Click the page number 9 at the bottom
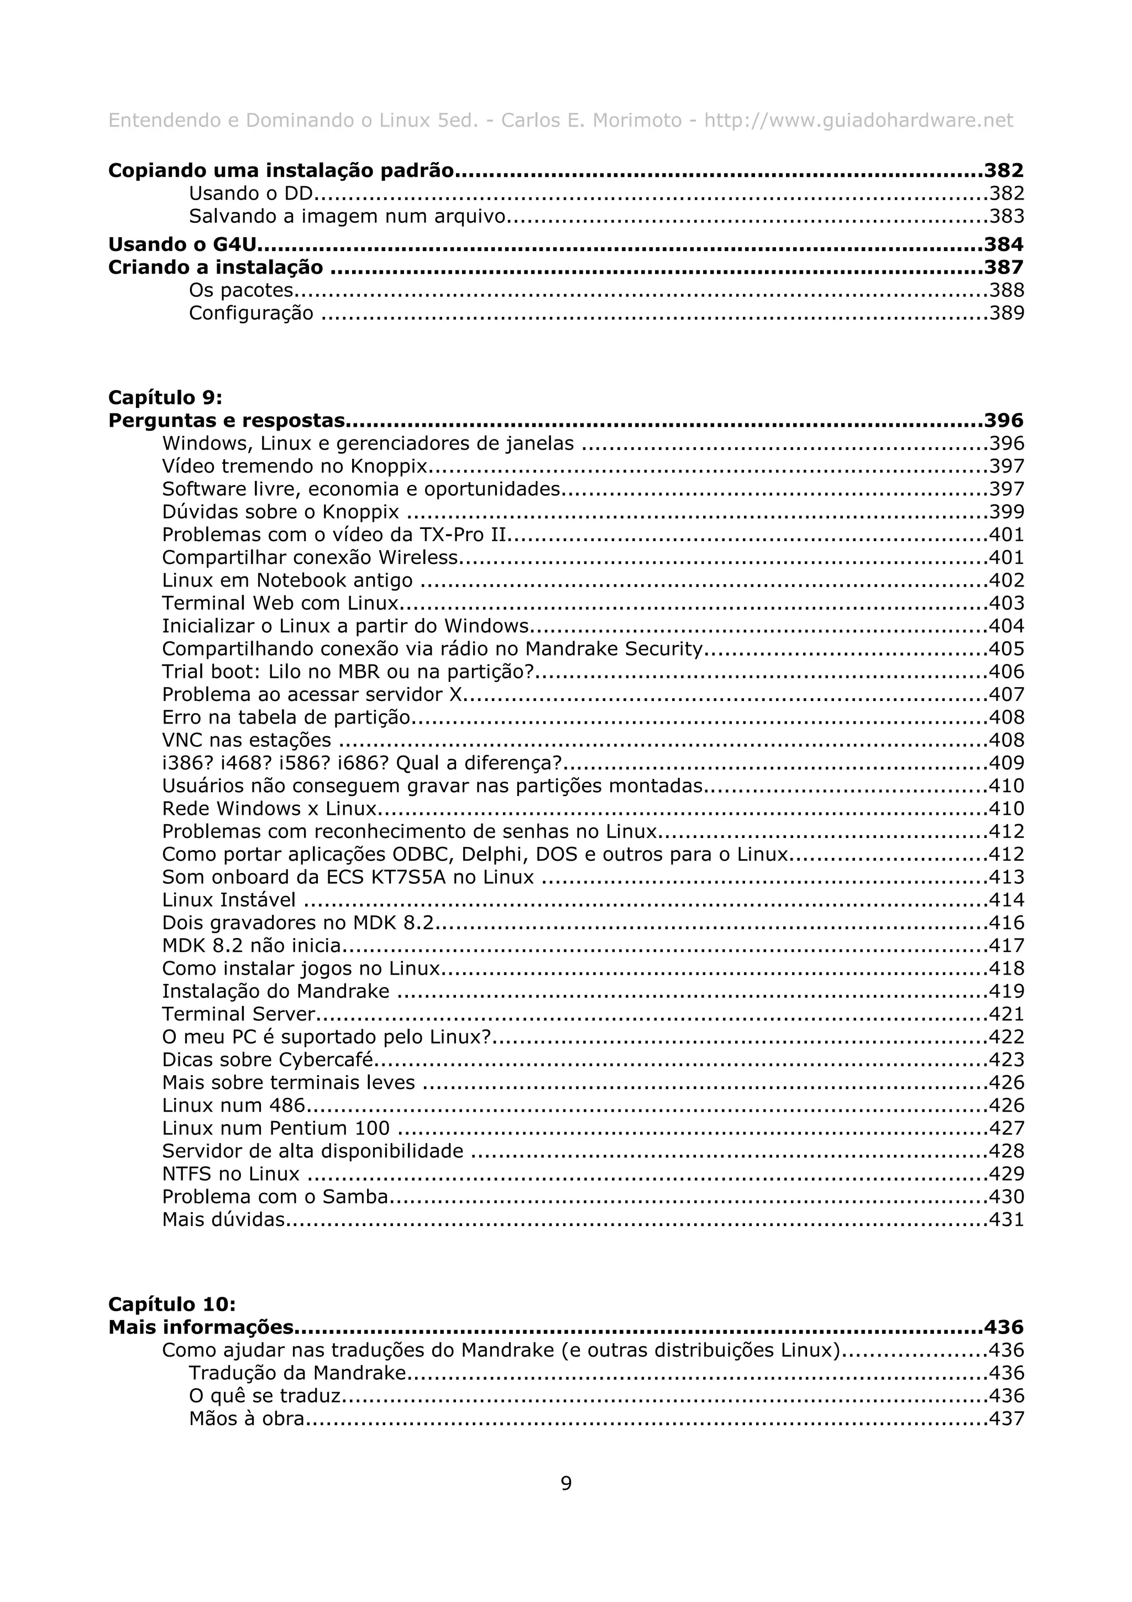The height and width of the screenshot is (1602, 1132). (x=565, y=1483)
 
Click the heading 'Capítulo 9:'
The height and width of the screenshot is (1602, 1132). (x=165, y=397)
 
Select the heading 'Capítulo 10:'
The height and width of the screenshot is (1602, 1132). (x=171, y=1304)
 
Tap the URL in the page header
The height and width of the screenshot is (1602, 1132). (x=858, y=121)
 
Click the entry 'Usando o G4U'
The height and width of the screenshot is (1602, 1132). (x=183, y=244)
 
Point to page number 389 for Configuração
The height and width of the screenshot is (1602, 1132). (x=1007, y=312)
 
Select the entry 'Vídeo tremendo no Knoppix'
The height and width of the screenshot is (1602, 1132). (x=295, y=466)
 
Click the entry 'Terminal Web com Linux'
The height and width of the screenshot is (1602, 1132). (x=280, y=603)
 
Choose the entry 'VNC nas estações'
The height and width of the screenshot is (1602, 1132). (x=246, y=740)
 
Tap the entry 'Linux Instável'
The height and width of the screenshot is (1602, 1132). (x=229, y=900)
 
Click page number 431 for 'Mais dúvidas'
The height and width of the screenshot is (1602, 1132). (x=1007, y=1219)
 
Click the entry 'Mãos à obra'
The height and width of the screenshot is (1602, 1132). (x=246, y=1418)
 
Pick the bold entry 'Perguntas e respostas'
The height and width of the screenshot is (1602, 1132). (x=227, y=421)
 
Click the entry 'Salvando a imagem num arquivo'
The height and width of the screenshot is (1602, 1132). (x=347, y=216)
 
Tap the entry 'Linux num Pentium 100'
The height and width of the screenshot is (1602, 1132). (x=275, y=1128)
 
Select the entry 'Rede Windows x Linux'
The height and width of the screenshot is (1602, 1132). (x=269, y=809)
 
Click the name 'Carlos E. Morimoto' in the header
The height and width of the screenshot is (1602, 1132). (x=591, y=121)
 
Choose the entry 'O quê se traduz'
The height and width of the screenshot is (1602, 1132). (x=264, y=1395)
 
